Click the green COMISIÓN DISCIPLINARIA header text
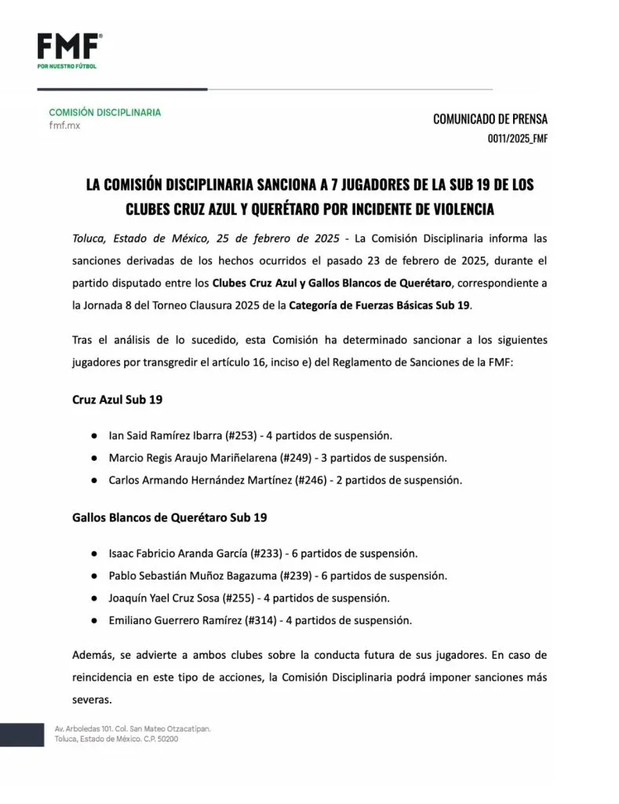pyautogui.click(x=104, y=112)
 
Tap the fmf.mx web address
pyautogui.click(x=64, y=126)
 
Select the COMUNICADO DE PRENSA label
pyautogui.click(x=490, y=119)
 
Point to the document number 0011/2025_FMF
pyautogui.click(x=517, y=139)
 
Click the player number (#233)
pyautogui.click(x=269, y=554)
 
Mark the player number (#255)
pyautogui.click(x=241, y=598)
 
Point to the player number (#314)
pyautogui.click(x=264, y=619)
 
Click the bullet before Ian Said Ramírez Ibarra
pyautogui.click(x=93, y=435)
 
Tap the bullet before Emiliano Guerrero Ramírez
pyautogui.click(x=93, y=619)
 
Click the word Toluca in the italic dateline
pyautogui.click(x=89, y=238)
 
